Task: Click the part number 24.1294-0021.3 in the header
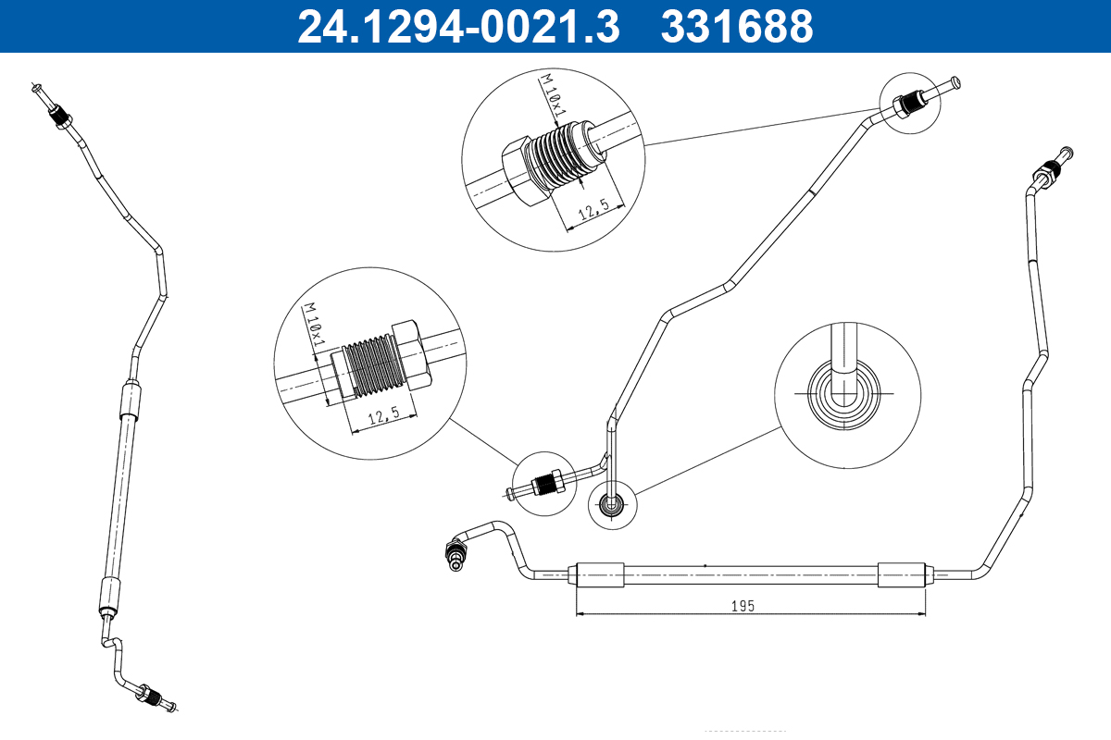457,26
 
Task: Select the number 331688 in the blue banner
736,26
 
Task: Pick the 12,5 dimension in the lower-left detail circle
381,417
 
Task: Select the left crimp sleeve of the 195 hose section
599,574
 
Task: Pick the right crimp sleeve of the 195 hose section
902,574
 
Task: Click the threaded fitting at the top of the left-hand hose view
61,116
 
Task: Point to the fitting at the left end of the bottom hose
456,552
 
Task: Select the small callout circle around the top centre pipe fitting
912,102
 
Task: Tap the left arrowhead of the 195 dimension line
580,612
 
